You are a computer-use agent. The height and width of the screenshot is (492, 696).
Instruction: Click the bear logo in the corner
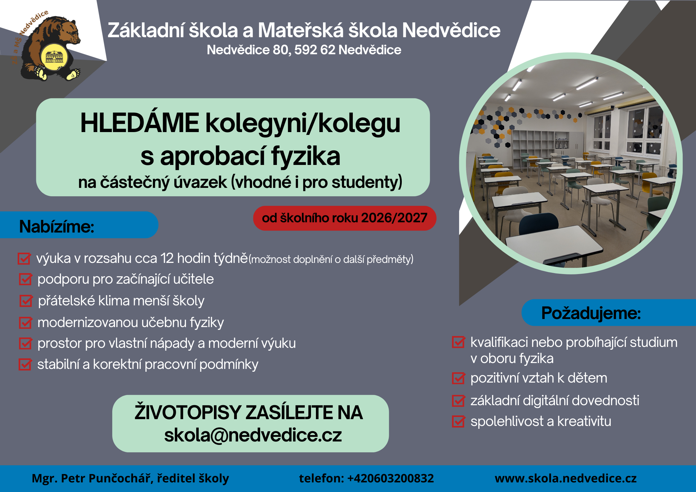click(47, 47)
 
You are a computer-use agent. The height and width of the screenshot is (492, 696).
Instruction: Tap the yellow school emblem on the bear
click(54, 57)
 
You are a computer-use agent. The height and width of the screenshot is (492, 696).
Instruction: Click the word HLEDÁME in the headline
click(140, 123)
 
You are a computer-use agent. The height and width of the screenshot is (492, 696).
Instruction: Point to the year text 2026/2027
click(394, 218)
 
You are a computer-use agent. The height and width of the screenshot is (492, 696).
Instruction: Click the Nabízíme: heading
click(57, 226)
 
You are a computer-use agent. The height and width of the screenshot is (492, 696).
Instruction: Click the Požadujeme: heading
click(591, 313)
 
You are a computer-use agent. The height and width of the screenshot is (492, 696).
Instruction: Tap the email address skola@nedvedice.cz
click(253, 435)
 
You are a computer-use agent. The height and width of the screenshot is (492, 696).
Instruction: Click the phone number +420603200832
click(391, 478)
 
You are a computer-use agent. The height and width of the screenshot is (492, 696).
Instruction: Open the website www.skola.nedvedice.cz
click(566, 478)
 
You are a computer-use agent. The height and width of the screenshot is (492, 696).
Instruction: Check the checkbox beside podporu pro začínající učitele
click(25, 279)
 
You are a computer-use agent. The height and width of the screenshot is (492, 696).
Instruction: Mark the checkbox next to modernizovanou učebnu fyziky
click(25, 323)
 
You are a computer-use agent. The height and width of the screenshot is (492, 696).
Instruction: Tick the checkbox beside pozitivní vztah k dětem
click(459, 378)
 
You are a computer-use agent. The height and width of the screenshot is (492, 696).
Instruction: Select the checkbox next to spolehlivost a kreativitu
click(459, 422)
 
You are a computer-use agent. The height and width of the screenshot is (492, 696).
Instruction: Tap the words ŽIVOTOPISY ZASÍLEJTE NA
click(249, 412)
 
